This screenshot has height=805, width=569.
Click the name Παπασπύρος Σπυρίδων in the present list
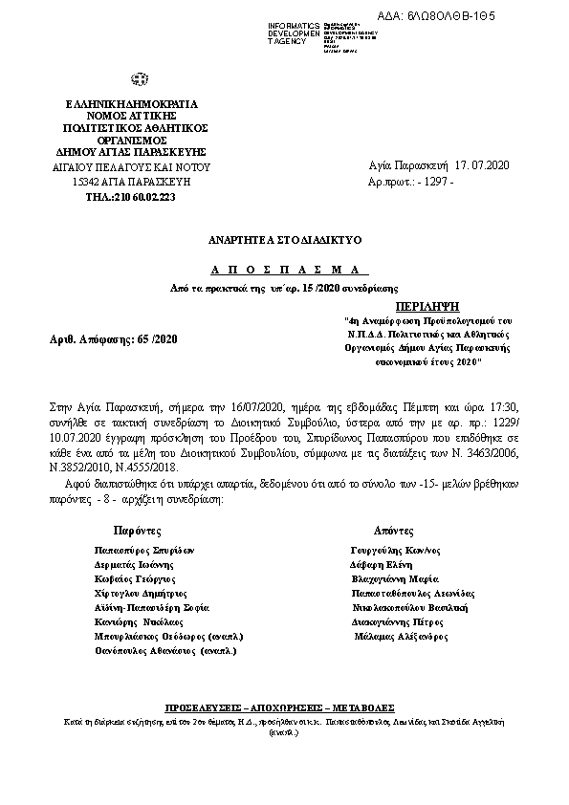144,551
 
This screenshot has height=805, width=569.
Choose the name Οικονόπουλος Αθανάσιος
165,650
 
